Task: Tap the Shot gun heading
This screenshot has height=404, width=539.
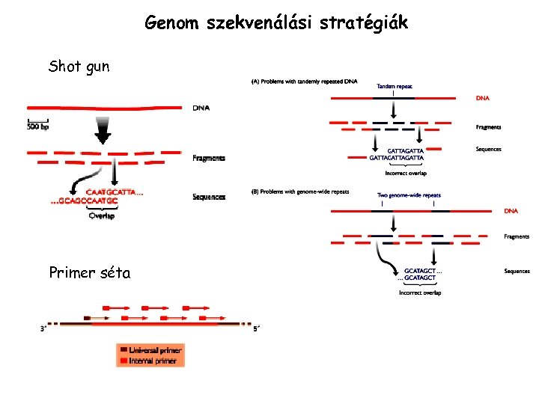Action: pyautogui.click(x=79, y=67)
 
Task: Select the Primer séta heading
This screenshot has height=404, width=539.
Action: pyautogui.click(x=89, y=273)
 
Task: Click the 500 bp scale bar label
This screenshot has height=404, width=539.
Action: pyautogui.click(x=41, y=126)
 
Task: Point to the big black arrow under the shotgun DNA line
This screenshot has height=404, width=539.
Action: pyautogui.click(x=103, y=132)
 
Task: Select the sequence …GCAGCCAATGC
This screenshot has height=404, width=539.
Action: pyautogui.click(x=84, y=201)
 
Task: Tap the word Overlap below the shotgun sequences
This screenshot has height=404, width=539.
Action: pyautogui.click(x=101, y=216)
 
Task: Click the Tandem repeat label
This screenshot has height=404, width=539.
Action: pyautogui.click(x=394, y=87)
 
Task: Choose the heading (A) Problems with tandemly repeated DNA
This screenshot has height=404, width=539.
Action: pyautogui.click(x=305, y=81)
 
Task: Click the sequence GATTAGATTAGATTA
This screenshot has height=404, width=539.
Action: pyautogui.click(x=397, y=159)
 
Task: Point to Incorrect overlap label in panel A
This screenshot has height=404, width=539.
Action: pyautogui.click(x=405, y=173)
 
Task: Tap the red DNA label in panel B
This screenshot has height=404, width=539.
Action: pyautogui.click(x=511, y=211)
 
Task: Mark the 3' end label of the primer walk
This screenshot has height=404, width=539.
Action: pyautogui.click(x=44, y=328)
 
